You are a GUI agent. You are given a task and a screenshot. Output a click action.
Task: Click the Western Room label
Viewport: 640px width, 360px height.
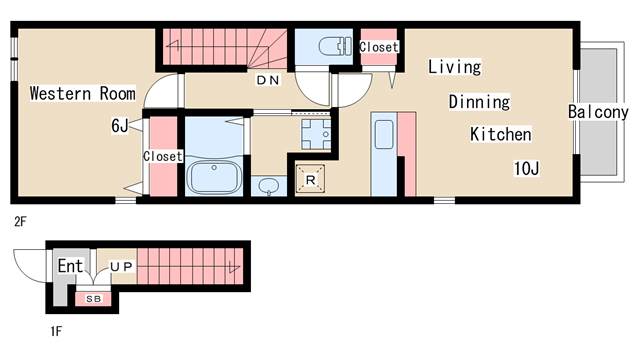[82, 93]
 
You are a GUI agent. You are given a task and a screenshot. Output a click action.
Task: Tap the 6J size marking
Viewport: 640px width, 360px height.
[120, 125]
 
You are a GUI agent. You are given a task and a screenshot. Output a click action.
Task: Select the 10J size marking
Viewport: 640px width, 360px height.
[527, 168]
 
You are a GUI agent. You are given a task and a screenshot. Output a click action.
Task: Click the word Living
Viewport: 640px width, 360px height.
[455, 67]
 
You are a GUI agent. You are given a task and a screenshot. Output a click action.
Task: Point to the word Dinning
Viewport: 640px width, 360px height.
[479, 102]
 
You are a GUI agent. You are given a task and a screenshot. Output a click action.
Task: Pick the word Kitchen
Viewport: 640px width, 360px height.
[501, 134]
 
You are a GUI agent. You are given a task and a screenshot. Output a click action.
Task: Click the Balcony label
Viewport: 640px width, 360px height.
[598, 112]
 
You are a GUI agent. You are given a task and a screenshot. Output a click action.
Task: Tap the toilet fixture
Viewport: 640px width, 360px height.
[335, 46]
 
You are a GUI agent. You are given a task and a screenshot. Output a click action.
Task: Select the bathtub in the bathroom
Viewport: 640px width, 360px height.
[214, 177]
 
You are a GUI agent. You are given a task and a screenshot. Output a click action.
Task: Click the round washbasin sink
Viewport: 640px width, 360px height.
[269, 186]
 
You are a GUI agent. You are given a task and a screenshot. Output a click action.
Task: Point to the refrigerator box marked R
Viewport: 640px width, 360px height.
[310, 178]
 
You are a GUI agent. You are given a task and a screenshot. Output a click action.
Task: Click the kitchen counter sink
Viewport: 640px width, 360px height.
[384, 134]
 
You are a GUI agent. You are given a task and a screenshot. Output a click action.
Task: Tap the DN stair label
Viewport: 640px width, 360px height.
[268, 80]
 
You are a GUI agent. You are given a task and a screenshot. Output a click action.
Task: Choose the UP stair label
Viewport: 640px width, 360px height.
[122, 267]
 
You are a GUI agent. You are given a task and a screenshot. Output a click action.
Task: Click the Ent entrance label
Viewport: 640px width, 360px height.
[70, 266]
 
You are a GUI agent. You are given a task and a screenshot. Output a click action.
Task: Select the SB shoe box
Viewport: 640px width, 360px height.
[93, 299]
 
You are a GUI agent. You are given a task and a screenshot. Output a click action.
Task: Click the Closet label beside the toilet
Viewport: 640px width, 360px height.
[379, 47]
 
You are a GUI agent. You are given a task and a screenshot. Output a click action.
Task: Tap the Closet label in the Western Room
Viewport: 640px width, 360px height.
[162, 156]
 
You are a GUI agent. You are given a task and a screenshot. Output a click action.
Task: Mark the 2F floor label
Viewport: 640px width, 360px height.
[20, 222]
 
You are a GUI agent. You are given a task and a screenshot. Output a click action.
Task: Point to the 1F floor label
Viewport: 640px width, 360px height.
[56, 331]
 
